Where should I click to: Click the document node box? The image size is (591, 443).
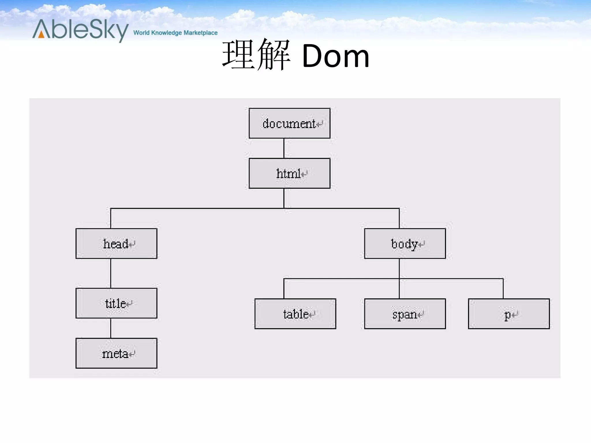(x=289, y=123)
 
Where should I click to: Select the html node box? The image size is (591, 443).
(x=289, y=173)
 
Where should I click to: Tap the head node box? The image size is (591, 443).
(x=116, y=244)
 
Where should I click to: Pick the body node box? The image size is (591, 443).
(x=405, y=244)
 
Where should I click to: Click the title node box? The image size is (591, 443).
(x=116, y=303)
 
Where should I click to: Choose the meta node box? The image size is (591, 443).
(x=116, y=353)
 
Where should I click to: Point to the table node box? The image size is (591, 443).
(x=295, y=314)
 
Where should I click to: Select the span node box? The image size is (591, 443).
(x=405, y=314)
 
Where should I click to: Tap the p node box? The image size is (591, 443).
(x=509, y=314)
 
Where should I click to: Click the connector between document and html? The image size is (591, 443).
(x=284, y=148)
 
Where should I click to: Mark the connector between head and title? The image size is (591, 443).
(x=111, y=273)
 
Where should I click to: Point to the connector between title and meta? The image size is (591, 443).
(x=111, y=328)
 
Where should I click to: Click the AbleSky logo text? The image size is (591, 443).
(x=81, y=30)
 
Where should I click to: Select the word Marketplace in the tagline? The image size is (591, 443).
(x=201, y=33)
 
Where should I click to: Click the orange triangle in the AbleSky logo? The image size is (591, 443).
(x=42, y=34)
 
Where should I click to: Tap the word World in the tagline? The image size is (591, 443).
(x=141, y=33)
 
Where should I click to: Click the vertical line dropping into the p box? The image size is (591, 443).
(x=503, y=289)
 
